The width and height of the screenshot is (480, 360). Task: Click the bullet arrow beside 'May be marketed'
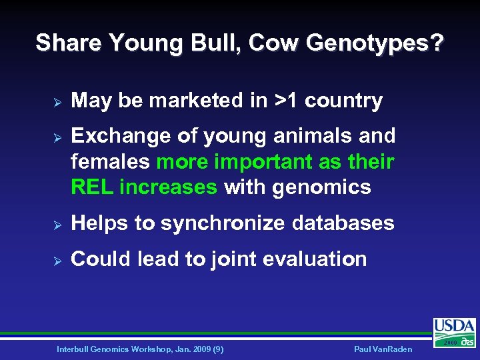pos(57,102)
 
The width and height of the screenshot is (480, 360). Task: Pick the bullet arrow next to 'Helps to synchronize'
pos(57,224)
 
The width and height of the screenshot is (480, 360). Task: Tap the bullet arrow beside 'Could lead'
pos(57,260)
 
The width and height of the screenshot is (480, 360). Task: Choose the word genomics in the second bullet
pos(322,187)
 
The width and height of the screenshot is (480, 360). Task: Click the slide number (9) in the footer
pos(217,349)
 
